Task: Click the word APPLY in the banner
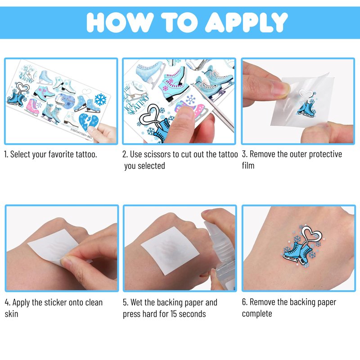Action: click(246, 22)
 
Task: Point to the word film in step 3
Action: click(248, 166)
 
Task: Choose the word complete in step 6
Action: click(257, 314)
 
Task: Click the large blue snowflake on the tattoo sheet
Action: click(100, 99)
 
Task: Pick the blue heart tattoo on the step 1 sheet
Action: click(88, 123)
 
